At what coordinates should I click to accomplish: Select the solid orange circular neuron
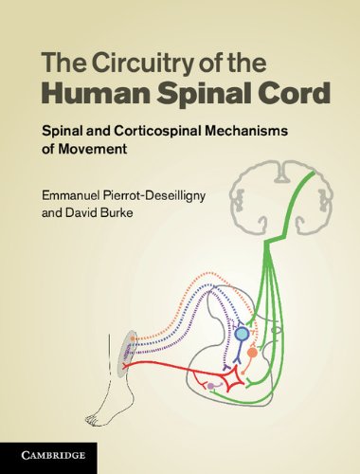click(x=252, y=353)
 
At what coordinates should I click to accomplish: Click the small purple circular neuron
click(x=208, y=386)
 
